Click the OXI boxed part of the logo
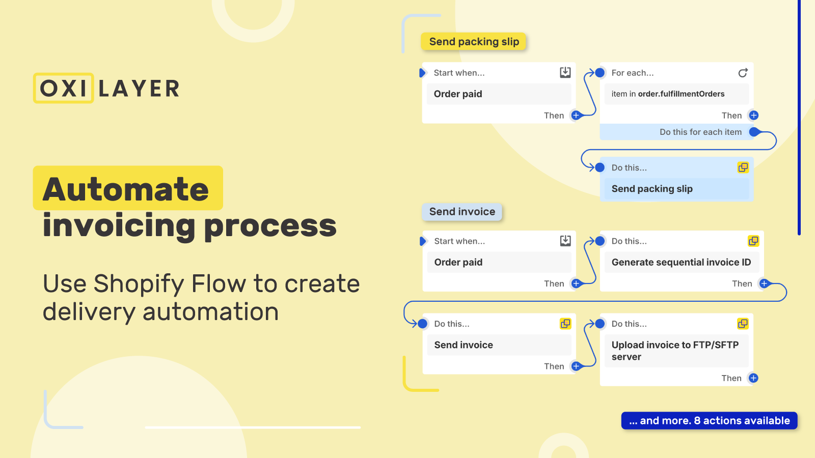(x=64, y=88)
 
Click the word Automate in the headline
(x=126, y=189)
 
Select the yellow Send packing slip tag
(x=474, y=42)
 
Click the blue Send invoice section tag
(x=462, y=212)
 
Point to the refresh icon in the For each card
(x=743, y=73)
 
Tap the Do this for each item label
(x=700, y=132)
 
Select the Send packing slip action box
(x=676, y=189)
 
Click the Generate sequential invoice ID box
(x=681, y=262)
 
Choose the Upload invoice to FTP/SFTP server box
(x=676, y=351)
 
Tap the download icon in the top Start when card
(x=565, y=72)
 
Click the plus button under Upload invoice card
(x=753, y=378)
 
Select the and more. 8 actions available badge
(x=709, y=420)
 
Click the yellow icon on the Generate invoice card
(x=753, y=241)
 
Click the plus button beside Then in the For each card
(x=754, y=116)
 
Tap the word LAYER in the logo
(x=139, y=89)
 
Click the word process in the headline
(x=270, y=225)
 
